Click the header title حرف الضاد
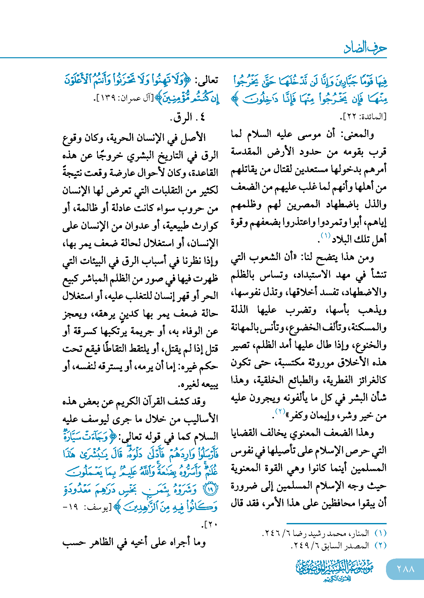coord(365,48)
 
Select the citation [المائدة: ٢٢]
coord(364,117)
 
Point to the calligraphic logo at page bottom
coord(335,570)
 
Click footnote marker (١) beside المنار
coord(380,533)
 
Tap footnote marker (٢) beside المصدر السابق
coord(380,545)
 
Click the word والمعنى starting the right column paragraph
coord(357,134)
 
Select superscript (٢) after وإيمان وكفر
coord(280,412)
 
